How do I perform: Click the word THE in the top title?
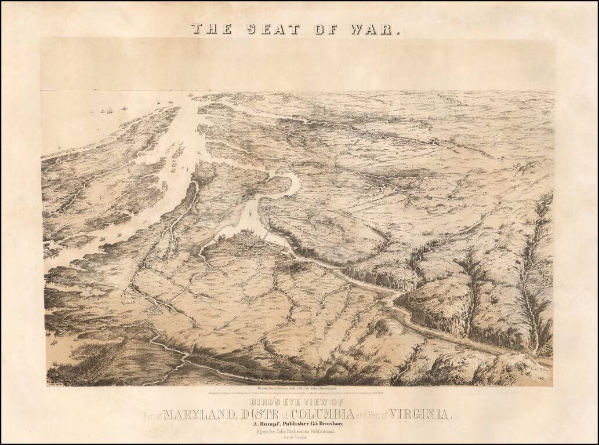(x=211, y=29)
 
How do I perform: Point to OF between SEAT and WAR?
(x=327, y=29)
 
